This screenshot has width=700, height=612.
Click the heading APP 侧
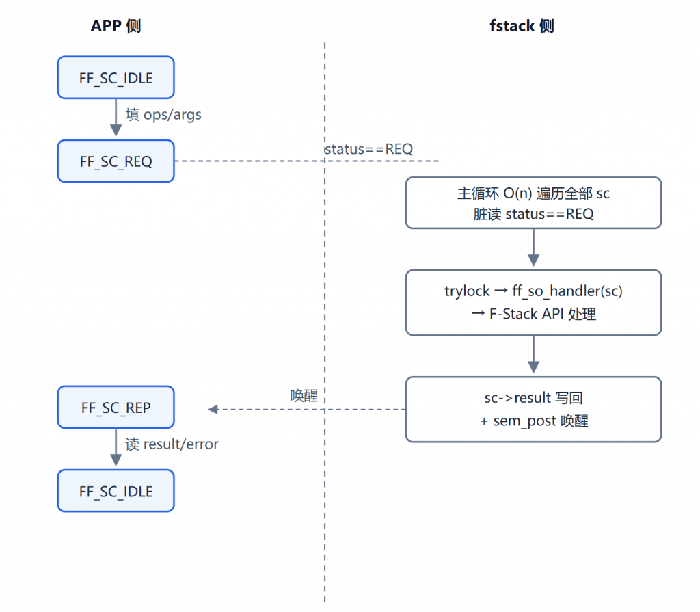[x=116, y=26]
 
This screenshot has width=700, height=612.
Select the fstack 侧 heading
[x=522, y=26]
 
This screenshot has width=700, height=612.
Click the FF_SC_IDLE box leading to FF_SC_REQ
[x=116, y=78]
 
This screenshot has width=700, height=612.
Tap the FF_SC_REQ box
[x=116, y=161]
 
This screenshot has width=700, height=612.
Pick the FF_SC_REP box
[x=116, y=408]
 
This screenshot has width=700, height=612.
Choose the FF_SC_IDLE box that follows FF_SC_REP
[x=116, y=491]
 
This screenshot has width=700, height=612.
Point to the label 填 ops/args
[x=163, y=115]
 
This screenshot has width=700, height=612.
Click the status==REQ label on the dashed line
[x=368, y=149]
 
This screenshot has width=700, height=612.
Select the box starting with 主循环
[x=533, y=203]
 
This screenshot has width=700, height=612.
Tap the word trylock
[x=467, y=291]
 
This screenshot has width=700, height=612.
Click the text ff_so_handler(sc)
[x=567, y=291]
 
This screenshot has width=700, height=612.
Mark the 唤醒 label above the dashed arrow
[x=304, y=395]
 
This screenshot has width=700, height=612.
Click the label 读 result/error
[x=172, y=444]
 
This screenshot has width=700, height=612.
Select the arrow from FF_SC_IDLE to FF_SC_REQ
[x=116, y=118]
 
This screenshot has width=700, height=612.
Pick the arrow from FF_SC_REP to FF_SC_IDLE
[x=116, y=447]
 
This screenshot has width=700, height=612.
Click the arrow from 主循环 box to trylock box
[x=533, y=248]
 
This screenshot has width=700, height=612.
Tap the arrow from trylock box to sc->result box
[x=533, y=354]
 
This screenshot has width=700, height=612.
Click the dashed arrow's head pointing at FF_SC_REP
[x=213, y=409]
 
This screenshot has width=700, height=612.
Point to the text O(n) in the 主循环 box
[x=518, y=194]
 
